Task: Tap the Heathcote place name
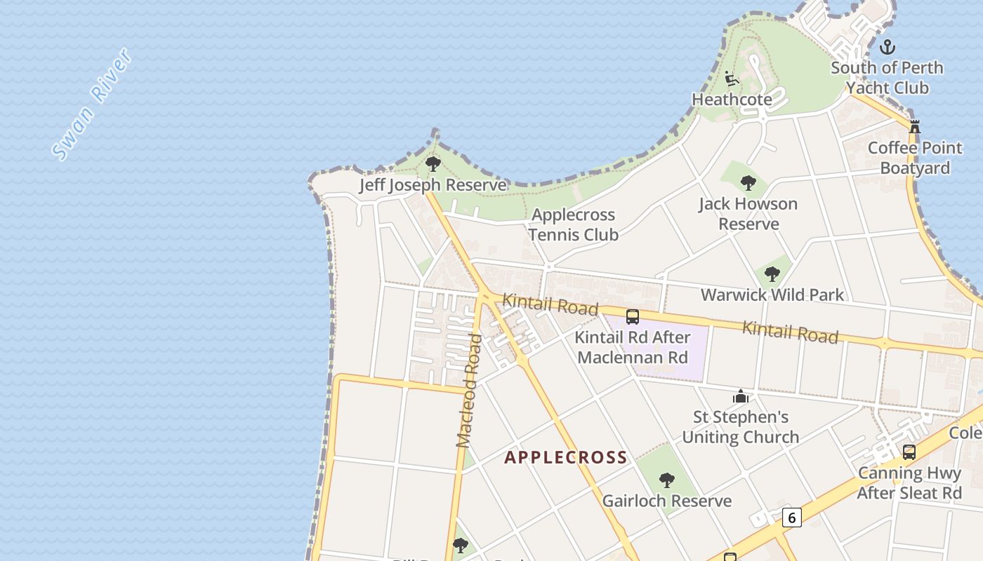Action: coord(732,100)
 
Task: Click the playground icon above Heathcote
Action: coord(732,79)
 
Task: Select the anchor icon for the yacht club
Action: coord(888,48)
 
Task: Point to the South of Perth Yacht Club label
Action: coord(887,78)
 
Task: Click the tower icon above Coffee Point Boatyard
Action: coord(914,127)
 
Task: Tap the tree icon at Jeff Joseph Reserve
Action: coord(433,165)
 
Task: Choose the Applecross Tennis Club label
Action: coord(573,224)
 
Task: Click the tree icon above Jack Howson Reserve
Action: coord(748,183)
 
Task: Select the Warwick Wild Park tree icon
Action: coord(772,274)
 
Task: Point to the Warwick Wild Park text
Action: coord(772,295)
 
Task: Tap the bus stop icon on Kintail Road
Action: coord(633,316)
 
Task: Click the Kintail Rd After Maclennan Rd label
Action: coord(631,347)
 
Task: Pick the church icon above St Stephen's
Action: coord(741,397)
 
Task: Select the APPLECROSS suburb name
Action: coord(566,457)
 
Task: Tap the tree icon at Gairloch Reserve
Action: coord(667,480)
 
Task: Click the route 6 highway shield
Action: coord(791,518)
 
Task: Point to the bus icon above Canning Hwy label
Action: coord(909,452)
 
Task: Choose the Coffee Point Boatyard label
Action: coord(915,158)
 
